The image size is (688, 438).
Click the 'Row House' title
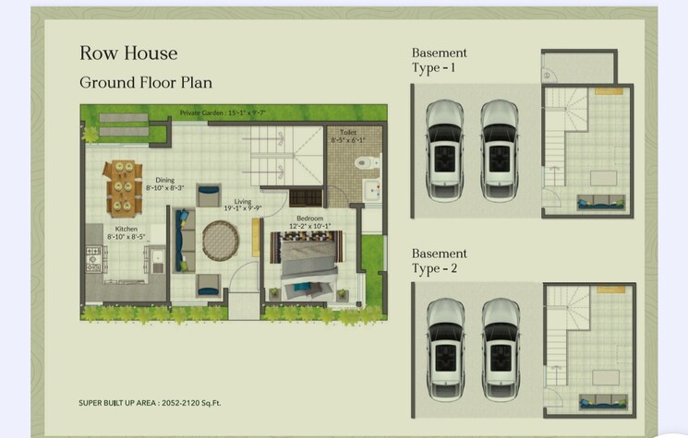[127, 53]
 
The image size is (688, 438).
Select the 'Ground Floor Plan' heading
[146, 82]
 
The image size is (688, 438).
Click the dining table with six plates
[122, 187]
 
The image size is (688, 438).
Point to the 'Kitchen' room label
[127, 229]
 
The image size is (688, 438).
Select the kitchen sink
[158, 259]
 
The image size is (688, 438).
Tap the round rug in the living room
[220, 240]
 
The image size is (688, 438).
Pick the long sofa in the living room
[184, 239]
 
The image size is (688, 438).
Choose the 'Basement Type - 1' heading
[439, 60]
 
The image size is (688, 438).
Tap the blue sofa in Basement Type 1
[599, 202]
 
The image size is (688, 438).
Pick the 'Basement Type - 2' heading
[439, 261]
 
